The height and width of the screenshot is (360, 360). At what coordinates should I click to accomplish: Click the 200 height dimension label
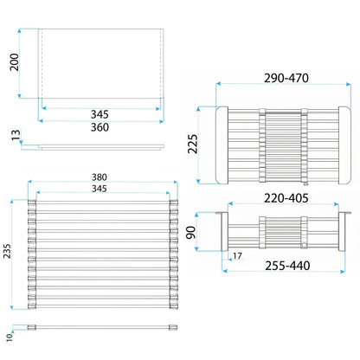coord(14,62)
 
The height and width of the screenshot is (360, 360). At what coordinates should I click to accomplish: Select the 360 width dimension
coord(100,127)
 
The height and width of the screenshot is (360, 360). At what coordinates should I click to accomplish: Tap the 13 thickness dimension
coord(16,135)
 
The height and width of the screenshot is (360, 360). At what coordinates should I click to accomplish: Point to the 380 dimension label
coord(100,177)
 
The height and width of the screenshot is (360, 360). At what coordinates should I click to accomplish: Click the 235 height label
coord(7,251)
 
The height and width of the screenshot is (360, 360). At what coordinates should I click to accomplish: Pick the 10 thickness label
coord(10,337)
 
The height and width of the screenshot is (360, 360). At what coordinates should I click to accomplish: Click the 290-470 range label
coord(286,78)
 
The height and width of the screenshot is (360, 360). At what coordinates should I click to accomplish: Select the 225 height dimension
coord(193,144)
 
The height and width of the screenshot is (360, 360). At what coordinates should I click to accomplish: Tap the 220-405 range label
coord(286,198)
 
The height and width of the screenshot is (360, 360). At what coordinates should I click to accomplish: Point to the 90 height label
coord(190,233)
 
